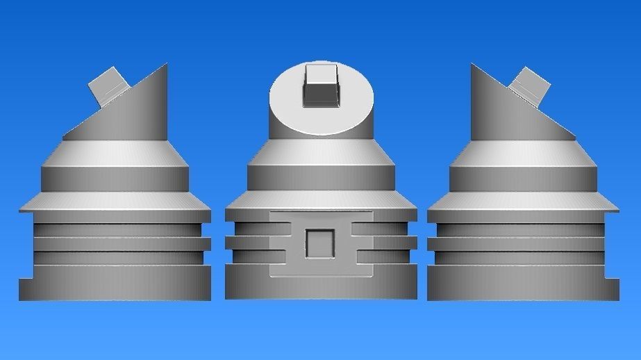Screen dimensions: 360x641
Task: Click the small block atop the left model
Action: point(107,84)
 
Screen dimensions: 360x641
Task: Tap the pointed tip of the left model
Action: point(165,66)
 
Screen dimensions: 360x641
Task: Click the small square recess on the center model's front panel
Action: point(321,243)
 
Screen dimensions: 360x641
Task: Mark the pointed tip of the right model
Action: point(473,66)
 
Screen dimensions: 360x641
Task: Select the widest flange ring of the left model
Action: point(115,202)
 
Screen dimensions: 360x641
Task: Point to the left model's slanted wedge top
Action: point(128,111)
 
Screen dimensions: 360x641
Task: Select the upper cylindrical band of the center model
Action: point(321,177)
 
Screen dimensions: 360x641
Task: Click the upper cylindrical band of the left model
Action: point(115,178)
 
